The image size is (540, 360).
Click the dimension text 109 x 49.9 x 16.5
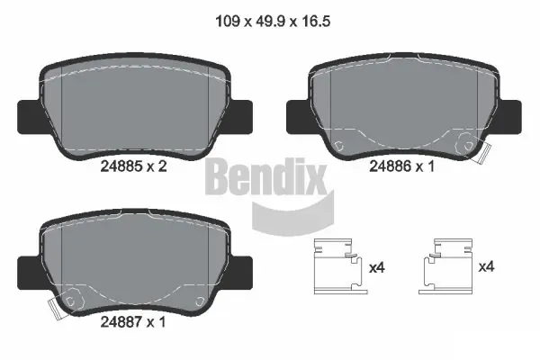coord(273,22)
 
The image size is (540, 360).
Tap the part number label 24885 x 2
coord(133,166)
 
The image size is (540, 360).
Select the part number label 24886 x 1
coord(402,166)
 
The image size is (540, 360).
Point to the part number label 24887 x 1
coord(133,322)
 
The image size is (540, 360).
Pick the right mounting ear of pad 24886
coord(509,117)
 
